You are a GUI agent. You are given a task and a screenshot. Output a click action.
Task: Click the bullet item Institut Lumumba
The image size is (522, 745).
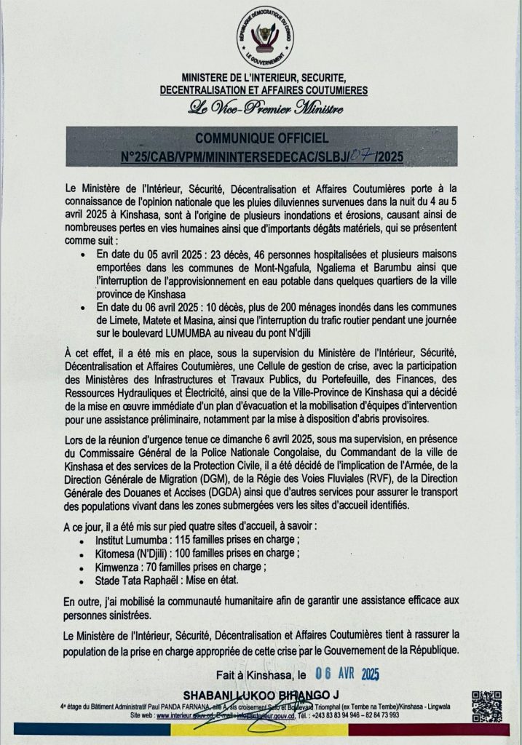tap(127, 542)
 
